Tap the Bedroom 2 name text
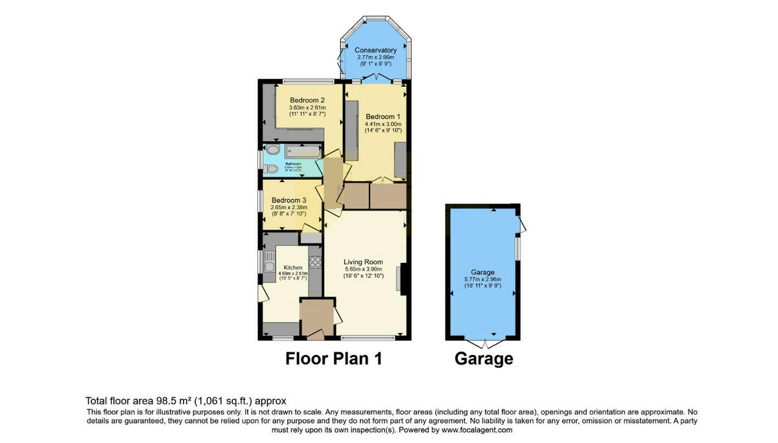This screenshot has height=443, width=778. (x=307, y=100)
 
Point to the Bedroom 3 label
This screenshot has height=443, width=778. (x=289, y=200)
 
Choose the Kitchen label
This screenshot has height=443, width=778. (x=293, y=267)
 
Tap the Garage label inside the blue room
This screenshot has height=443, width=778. (x=482, y=272)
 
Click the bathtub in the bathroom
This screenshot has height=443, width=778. (x=301, y=152)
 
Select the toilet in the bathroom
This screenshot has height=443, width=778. (x=272, y=169)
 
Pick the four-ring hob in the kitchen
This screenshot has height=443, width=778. (x=315, y=262)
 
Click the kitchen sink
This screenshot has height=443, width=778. (x=269, y=264)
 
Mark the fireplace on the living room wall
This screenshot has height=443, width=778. (x=403, y=279)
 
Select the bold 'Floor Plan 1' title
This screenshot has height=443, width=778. (x=334, y=359)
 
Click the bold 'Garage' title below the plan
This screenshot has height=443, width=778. (x=484, y=359)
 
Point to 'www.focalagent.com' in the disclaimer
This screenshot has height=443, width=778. (x=477, y=430)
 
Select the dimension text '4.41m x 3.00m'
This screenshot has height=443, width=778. (x=383, y=124)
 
